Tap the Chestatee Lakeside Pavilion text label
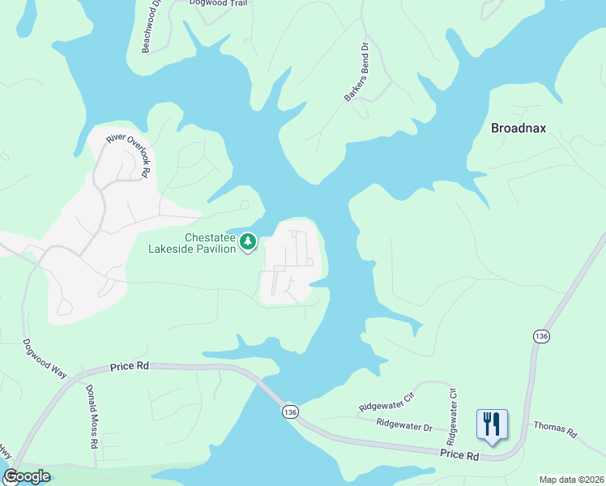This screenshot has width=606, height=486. (192, 243)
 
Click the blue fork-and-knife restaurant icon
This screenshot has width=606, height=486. (492, 424)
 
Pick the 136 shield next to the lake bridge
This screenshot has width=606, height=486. (290, 412)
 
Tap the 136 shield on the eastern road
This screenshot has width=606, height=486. (541, 335)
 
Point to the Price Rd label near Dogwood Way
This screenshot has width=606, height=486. (130, 366)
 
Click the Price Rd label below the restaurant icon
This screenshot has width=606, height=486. (461, 457)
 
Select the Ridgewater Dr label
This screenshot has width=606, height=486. (404, 423)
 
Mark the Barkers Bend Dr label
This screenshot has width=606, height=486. (356, 72)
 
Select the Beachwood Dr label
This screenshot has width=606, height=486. (151, 31)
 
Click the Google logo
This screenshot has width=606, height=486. (27, 476)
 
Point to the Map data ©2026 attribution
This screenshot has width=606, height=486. (571, 480)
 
